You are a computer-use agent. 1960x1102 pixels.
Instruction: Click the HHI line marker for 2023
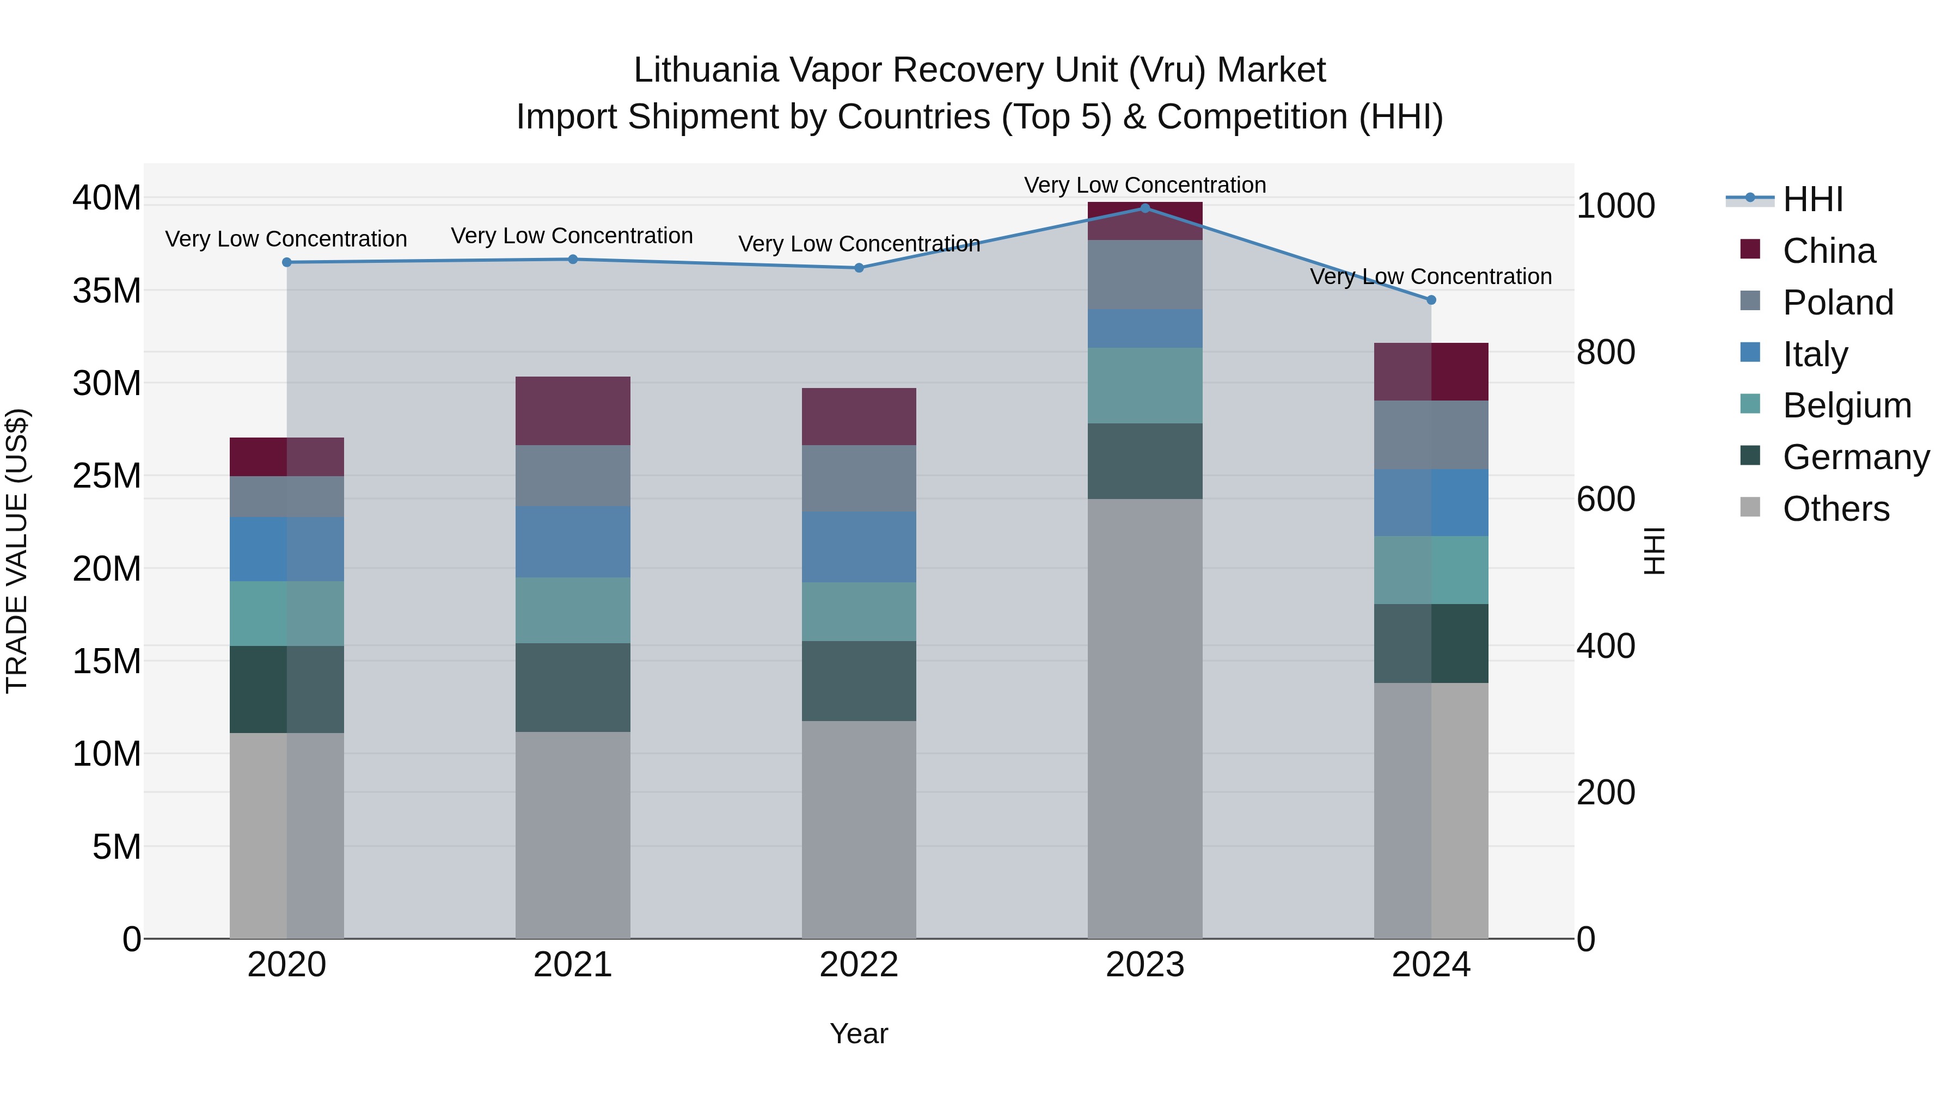point(1144,208)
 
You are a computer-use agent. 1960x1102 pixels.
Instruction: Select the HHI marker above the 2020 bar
point(287,262)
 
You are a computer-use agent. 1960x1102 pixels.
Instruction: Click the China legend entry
point(1828,251)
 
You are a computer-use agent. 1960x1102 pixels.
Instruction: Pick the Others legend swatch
point(1750,507)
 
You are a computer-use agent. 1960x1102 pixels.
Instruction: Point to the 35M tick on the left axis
point(107,291)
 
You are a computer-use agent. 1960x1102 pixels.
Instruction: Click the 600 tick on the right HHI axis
point(1606,500)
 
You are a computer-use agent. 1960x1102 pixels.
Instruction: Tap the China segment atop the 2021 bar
point(572,411)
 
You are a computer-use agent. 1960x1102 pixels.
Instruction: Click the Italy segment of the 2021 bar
point(572,541)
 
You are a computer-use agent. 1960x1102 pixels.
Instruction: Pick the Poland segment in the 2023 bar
point(1144,275)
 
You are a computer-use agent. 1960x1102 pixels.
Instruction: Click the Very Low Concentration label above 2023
point(1144,185)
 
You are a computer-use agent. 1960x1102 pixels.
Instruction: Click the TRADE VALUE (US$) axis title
point(17,551)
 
